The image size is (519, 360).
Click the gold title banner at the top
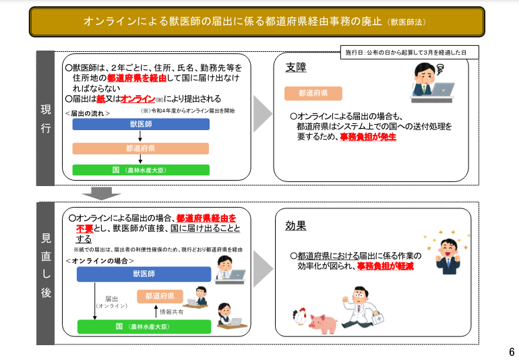(x=257, y=22)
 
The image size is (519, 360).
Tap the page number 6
(x=512, y=351)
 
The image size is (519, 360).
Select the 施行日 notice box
(x=409, y=53)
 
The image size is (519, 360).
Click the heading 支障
(x=296, y=67)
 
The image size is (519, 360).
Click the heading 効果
(x=296, y=226)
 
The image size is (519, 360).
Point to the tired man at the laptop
(x=432, y=83)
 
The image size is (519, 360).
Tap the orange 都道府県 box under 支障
(x=313, y=94)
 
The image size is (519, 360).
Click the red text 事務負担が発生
(x=368, y=137)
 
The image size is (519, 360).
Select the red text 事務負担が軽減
(x=386, y=266)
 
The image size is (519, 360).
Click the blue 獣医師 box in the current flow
(x=141, y=124)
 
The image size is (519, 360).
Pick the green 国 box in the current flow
(x=141, y=170)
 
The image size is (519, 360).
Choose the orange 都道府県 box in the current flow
(x=141, y=148)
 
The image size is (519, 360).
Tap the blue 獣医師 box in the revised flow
(x=144, y=274)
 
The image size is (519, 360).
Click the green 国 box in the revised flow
(x=144, y=326)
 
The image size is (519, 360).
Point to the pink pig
(x=323, y=324)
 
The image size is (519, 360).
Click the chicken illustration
(x=300, y=316)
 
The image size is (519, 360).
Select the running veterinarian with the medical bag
(x=363, y=307)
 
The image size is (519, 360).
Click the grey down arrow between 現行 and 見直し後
(x=101, y=193)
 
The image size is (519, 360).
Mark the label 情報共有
(x=171, y=312)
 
